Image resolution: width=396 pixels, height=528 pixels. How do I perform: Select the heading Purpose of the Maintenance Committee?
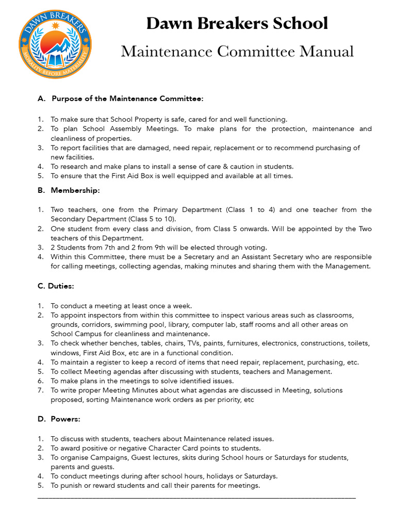(127, 98)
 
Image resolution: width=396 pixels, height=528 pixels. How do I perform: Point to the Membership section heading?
(75, 190)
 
